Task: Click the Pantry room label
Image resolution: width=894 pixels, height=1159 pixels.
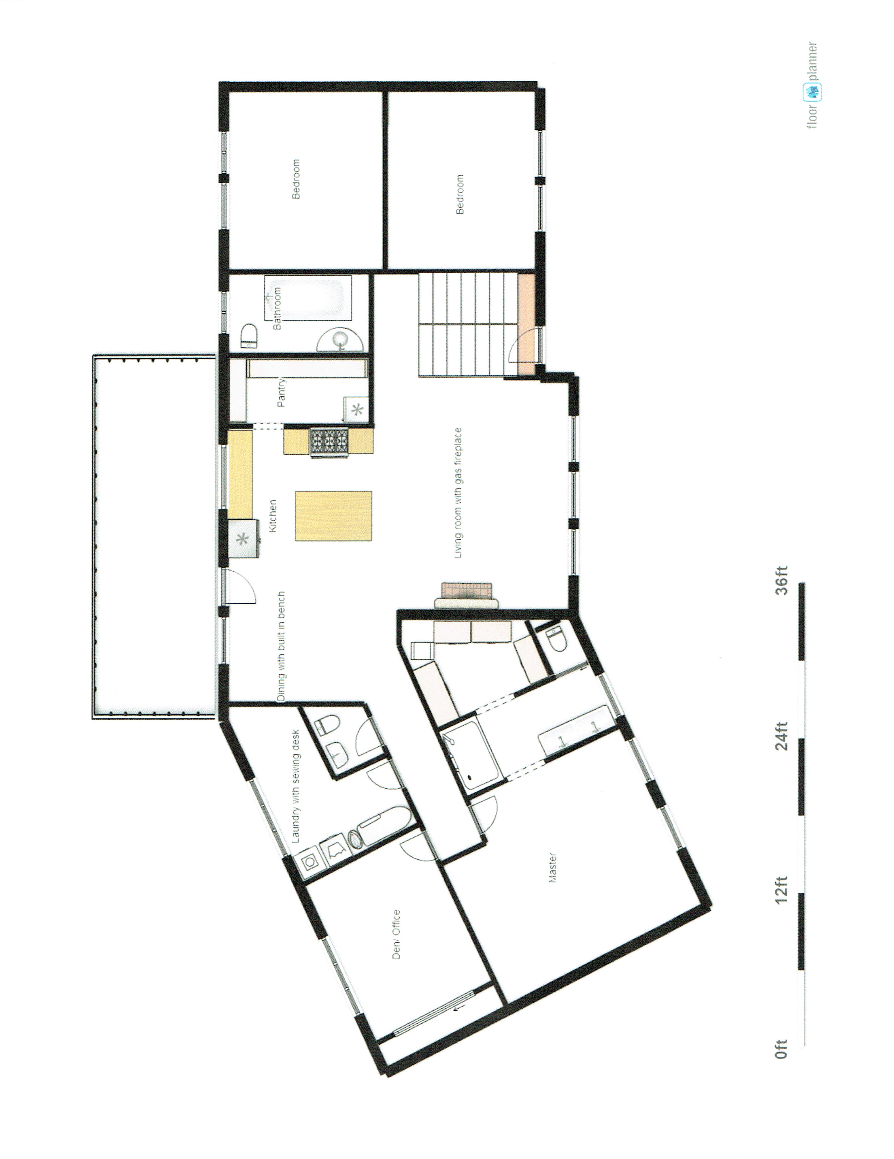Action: (x=281, y=392)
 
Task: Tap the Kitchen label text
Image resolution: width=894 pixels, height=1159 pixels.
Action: (x=273, y=516)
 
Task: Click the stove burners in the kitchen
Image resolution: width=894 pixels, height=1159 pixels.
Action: (x=329, y=442)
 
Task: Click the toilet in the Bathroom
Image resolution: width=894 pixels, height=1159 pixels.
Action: (x=249, y=336)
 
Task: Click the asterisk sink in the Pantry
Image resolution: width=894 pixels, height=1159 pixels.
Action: (x=357, y=409)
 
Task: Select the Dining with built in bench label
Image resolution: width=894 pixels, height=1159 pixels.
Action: (x=281, y=647)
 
